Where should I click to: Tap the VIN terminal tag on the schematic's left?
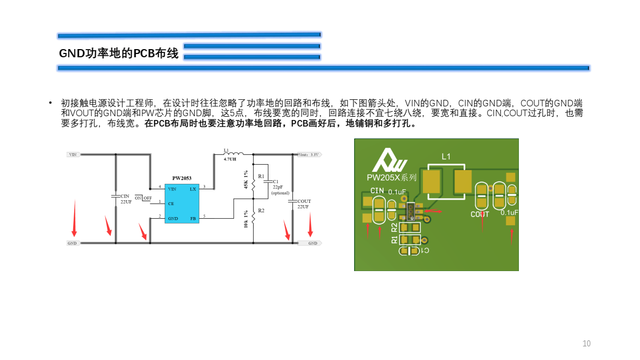tap(73, 154)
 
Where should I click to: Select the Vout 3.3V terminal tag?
tap(310, 154)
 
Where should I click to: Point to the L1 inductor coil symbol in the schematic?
tap(233, 153)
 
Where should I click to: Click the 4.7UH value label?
tap(230, 159)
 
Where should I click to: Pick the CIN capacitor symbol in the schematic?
tap(116, 195)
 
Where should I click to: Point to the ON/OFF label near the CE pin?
tap(143, 197)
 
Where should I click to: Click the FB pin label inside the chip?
tap(193, 218)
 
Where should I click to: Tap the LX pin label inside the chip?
tap(193, 189)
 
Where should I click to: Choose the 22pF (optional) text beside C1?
tap(279, 190)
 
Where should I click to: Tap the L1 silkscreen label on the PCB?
tap(446, 157)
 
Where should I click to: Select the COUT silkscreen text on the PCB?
tap(480, 214)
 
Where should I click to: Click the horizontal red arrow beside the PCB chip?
tap(434, 210)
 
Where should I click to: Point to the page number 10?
tap(587, 344)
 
